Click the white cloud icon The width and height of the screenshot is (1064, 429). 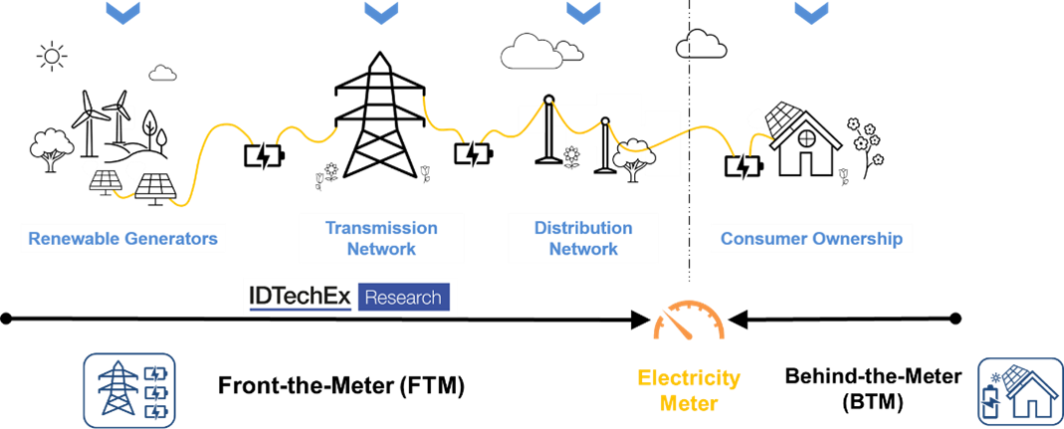(532, 52)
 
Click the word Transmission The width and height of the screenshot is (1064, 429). (381, 228)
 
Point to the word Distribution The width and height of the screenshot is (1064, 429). (583, 228)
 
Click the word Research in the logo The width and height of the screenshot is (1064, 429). (403, 297)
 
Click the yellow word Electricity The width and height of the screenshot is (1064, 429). (689, 378)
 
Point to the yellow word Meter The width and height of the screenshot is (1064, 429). (689, 404)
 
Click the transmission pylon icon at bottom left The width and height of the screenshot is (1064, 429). (116, 390)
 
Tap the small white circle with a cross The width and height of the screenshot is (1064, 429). (806, 138)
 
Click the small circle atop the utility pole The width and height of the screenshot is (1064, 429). (604, 121)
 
